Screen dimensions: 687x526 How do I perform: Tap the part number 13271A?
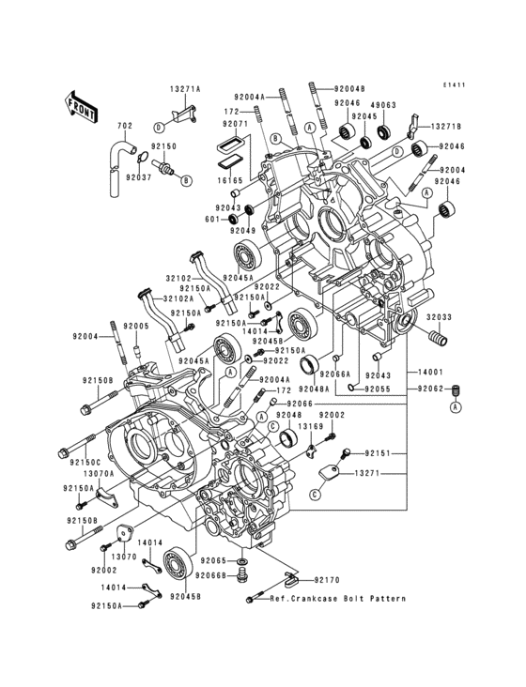pyautogui.click(x=185, y=89)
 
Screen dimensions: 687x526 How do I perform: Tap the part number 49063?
pyautogui.click(x=381, y=105)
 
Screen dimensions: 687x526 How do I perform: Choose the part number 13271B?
pyautogui.click(x=446, y=126)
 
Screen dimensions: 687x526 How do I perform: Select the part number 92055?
pyautogui.click(x=378, y=389)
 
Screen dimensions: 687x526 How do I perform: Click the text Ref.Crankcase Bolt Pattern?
pyautogui.click(x=337, y=599)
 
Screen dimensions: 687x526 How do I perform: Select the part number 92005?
pyautogui.click(x=137, y=326)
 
